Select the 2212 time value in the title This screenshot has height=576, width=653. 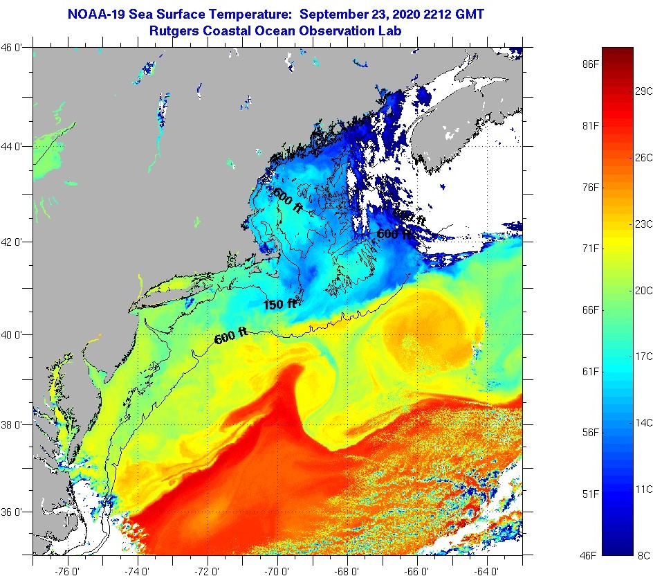click(x=439, y=14)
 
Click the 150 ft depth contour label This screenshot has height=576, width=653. click(x=279, y=304)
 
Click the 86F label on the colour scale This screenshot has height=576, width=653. click(x=590, y=64)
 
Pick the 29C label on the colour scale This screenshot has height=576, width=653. click(x=644, y=91)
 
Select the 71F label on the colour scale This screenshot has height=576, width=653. click(x=590, y=249)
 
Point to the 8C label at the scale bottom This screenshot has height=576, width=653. click(x=643, y=555)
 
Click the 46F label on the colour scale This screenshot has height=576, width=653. click(x=590, y=555)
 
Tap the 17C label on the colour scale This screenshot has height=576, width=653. click(x=644, y=356)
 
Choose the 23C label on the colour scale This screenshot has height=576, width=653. click(x=644, y=224)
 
